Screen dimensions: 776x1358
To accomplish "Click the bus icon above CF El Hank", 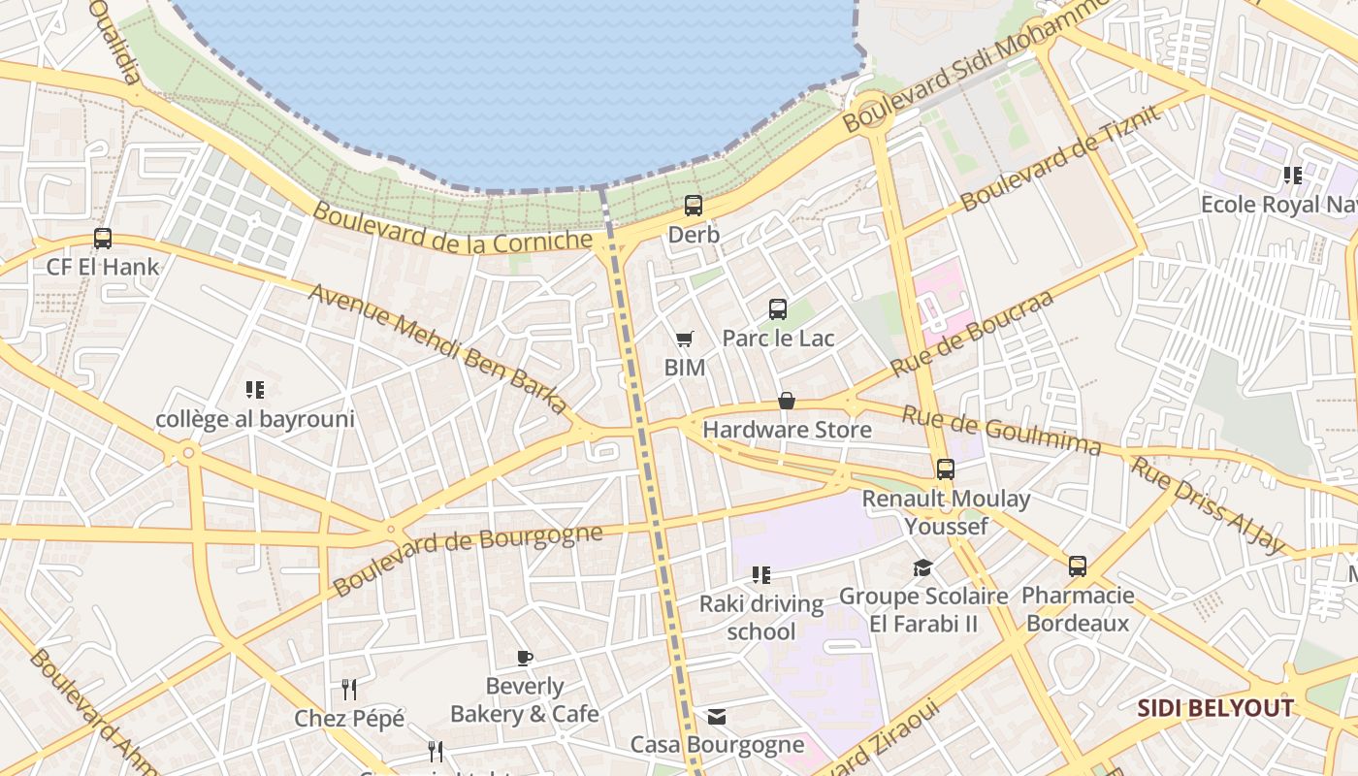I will tap(102, 238).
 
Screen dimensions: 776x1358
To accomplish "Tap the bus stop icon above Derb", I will tap(693, 206).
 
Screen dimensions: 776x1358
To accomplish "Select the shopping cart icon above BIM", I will tap(685, 339).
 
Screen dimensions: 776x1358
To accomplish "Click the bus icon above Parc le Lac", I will tap(778, 309).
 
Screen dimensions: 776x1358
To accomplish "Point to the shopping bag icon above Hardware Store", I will tap(787, 401).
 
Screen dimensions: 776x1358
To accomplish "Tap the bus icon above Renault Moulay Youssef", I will tap(946, 469).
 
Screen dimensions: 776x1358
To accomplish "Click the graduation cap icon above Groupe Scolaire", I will tap(922, 566).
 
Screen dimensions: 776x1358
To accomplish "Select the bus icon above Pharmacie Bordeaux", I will tap(1078, 566).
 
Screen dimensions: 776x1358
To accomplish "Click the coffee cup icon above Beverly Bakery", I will tap(525, 659).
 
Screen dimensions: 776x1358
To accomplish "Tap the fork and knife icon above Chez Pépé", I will tap(349, 690).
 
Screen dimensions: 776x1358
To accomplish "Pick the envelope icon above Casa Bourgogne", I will tap(717, 717).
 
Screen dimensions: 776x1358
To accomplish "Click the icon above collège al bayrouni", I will tap(255, 390).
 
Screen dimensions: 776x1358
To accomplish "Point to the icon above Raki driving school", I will tap(761, 575).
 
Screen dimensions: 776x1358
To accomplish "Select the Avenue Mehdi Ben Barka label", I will tap(437, 348).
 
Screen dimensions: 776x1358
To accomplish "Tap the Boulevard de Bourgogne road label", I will tap(467, 560).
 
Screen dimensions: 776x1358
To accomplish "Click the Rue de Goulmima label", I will tap(1002, 431).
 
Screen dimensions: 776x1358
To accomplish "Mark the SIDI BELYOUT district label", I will tap(1215, 708).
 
